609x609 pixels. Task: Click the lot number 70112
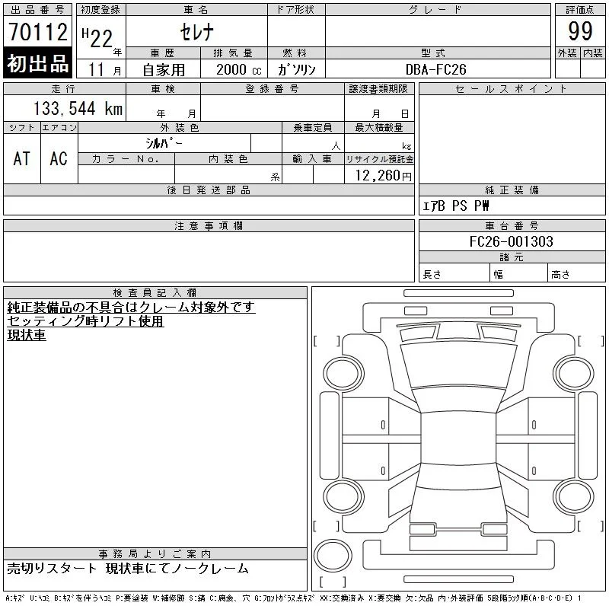38,31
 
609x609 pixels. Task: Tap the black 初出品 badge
37,63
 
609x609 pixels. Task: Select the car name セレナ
196,32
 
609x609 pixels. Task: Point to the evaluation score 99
580,31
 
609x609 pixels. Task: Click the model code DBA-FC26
435,69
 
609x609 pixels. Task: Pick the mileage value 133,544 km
78,108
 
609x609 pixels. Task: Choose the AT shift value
22,159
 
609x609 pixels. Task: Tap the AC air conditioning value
59,159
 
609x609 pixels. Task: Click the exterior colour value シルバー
164,143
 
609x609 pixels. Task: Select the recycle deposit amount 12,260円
384,176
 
